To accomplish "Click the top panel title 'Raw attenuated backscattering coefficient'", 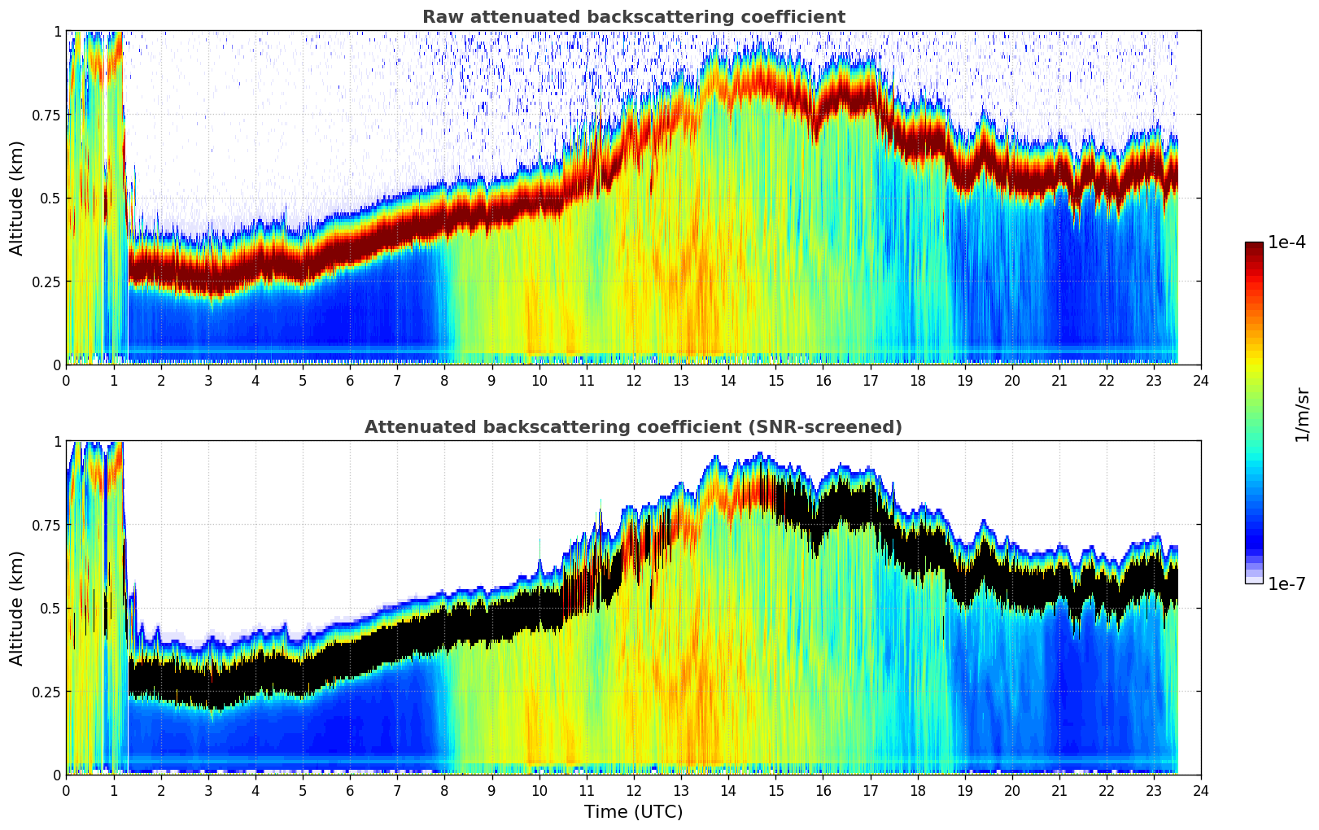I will [x=633, y=17].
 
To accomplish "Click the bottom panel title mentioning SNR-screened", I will [x=633, y=427].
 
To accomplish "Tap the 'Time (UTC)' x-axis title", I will [x=633, y=812].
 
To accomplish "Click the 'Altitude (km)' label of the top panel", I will [x=17, y=198].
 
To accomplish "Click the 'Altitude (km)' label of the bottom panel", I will [x=17, y=608].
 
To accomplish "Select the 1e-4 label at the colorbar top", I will [x=1287, y=242].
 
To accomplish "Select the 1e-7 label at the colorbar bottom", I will [x=1287, y=583].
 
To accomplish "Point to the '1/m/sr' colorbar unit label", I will [x=1302, y=413].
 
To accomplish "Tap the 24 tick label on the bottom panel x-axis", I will [x=1201, y=790].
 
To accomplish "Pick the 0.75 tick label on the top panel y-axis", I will [x=46, y=115].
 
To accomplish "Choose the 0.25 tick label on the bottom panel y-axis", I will [x=46, y=692].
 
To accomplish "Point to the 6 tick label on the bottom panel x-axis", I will [x=350, y=790].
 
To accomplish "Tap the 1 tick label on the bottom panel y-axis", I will [x=57, y=442].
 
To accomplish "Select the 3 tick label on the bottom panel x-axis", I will [x=208, y=790].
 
